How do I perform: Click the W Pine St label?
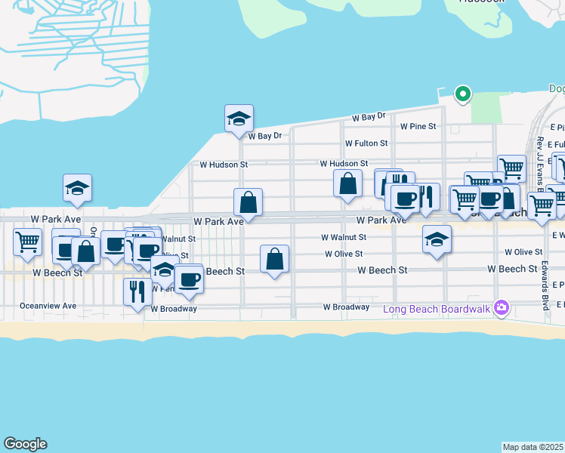[418, 126]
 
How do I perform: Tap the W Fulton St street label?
[366, 143]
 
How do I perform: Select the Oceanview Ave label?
[48, 306]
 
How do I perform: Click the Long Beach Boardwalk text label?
[437, 308]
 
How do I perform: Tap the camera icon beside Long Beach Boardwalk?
[500, 308]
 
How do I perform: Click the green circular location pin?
[462, 94]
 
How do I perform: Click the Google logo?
[25, 444]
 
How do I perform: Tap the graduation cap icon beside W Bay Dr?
[238, 119]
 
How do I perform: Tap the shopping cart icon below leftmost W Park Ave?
[27, 243]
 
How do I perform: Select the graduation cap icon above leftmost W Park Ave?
[77, 189]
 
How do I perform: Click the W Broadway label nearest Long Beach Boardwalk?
[346, 307]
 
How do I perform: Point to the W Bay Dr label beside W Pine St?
[369, 117]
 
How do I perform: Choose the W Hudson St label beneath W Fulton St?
[344, 163]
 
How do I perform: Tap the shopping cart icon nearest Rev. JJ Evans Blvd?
[511, 168]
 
